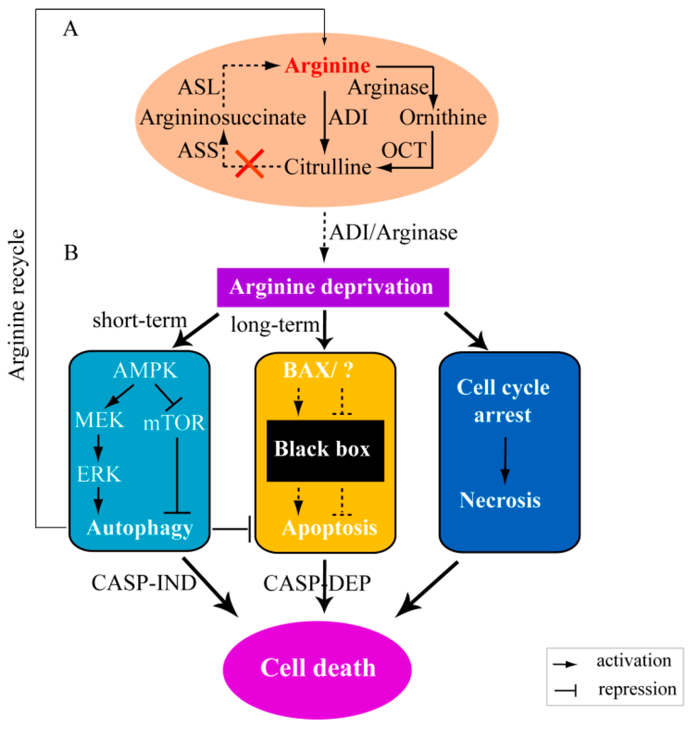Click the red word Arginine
(x=327, y=67)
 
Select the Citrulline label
(x=328, y=166)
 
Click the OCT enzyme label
(x=404, y=149)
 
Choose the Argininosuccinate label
(x=223, y=118)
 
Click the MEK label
(x=100, y=420)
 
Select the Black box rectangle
(x=325, y=450)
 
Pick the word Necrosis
(x=501, y=500)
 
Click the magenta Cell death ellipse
(x=318, y=668)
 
